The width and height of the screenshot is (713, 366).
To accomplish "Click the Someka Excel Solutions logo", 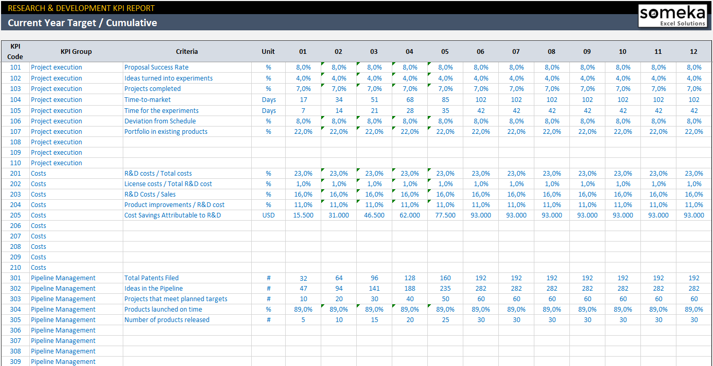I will click(x=672, y=16).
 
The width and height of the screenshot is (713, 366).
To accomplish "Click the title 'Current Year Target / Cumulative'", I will click(x=83, y=22).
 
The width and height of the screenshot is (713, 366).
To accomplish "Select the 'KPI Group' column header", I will click(x=76, y=51).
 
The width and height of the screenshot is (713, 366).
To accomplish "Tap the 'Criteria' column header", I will click(x=187, y=51).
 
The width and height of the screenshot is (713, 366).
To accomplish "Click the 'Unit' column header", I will click(x=268, y=51).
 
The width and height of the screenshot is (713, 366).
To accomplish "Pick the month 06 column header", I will click(x=481, y=51).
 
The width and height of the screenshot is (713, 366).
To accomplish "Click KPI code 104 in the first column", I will click(x=16, y=100).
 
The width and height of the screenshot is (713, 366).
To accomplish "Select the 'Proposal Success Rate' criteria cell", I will click(x=156, y=67).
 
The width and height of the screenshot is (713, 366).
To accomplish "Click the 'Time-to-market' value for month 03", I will click(x=374, y=100).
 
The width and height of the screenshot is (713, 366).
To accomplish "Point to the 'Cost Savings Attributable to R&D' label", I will click(x=172, y=215).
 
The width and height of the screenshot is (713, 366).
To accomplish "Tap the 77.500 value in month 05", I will click(x=445, y=215).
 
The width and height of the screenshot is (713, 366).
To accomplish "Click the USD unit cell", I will click(x=268, y=215).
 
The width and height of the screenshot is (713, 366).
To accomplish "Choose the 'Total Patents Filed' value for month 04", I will click(x=410, y=278).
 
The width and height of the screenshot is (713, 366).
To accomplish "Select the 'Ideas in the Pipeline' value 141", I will click(x=374, y=289).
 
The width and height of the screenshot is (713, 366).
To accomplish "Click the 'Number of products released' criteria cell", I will click(x=167, y=320).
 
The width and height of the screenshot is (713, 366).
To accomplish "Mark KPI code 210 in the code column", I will click(x=16, y=268).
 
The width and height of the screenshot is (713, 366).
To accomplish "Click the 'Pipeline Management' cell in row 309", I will click(x=63, y=362).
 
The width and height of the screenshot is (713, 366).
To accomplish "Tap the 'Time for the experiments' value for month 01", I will click(x=303, y=111).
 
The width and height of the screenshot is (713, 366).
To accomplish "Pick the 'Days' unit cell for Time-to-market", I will click(x=269, y=100).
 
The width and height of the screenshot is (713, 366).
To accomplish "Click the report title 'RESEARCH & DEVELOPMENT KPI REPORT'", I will click(x=81, y=8).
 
